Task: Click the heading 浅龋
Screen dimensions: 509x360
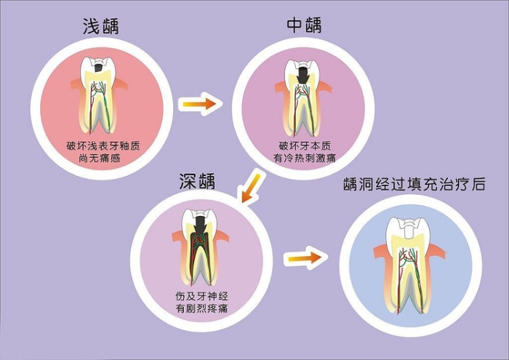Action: tap(101, 26)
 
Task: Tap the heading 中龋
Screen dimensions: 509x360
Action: tap(304, 25)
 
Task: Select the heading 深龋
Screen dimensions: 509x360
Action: tap(197, 181)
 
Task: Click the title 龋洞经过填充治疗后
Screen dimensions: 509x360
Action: tap(414, 184)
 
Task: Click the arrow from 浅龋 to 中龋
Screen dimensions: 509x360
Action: tap(199, 104)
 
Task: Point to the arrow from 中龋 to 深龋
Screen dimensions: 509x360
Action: tap(251, 188)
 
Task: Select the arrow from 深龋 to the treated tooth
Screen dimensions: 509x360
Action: tap(305, 258)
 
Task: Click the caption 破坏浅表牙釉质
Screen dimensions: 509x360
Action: tap(103, 145)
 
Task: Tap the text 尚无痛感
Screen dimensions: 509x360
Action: tap(100, 159)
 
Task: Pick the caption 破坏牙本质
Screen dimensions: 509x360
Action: tap(305, 145)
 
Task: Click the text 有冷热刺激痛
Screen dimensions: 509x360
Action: tap(305, 158)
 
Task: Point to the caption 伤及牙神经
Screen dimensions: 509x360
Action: tap(202, 296)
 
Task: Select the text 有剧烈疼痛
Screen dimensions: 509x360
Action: tap(201, 308)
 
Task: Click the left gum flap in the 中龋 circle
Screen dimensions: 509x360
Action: tap(282, 88)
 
